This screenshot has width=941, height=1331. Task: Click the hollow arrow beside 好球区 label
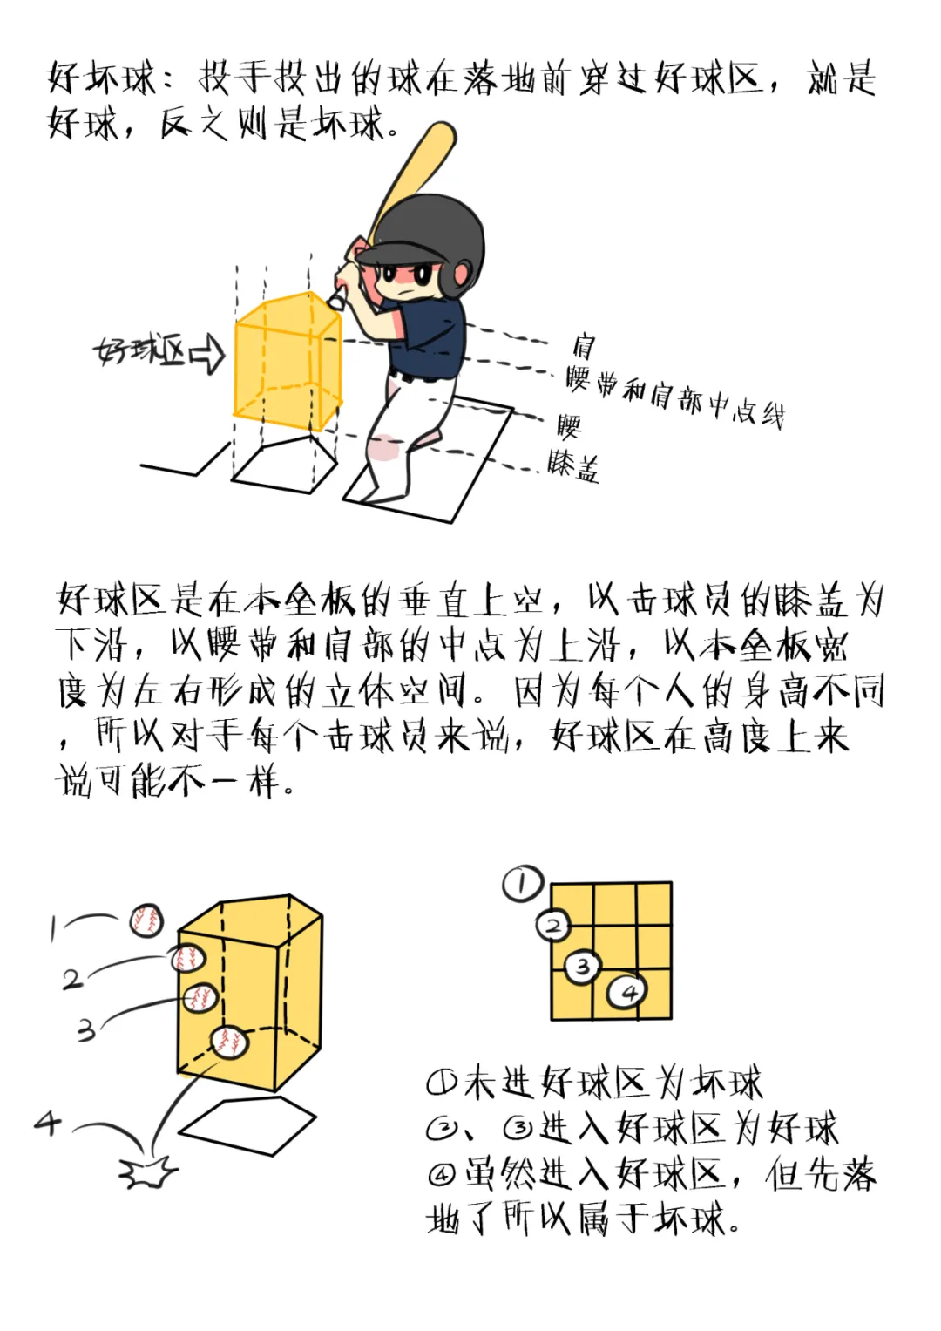(207, 353)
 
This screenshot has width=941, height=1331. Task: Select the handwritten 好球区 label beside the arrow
(139, 352)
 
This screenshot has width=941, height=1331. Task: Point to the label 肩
(583, 346)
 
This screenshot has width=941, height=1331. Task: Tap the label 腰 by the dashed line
(569, 426)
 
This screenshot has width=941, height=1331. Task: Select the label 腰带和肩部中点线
(674, 397)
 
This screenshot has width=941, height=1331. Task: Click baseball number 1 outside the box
(146, 920)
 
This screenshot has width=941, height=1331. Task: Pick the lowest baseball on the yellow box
(229, 1041)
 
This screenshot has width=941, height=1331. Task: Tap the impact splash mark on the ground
(148, 1173)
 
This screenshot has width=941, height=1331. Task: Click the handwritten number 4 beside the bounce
(48, 1123)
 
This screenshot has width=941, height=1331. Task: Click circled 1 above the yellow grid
(522, 884)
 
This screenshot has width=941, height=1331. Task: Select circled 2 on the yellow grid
(553, 925)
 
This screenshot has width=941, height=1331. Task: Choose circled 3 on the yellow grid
(582, 966)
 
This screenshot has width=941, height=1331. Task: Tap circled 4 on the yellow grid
(627, 991)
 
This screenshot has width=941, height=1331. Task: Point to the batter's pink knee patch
(382, 448)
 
